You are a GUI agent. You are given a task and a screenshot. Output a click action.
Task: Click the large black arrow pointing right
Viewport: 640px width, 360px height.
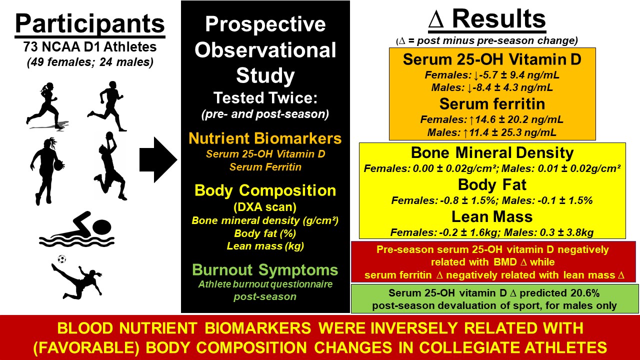point(158,159)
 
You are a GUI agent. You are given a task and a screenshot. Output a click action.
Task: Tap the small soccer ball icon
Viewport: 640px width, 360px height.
point(61,259)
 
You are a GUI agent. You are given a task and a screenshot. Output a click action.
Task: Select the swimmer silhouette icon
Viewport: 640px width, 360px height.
point(76,229)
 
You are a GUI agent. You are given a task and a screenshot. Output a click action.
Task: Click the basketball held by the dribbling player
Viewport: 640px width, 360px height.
point(58,165)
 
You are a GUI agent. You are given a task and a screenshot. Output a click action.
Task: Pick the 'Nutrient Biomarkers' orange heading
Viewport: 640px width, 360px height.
point(265,138)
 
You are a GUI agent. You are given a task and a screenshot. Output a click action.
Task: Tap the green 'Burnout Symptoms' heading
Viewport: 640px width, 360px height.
point(265,269)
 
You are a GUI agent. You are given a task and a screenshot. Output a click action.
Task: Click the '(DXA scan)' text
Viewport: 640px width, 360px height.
point(265,207)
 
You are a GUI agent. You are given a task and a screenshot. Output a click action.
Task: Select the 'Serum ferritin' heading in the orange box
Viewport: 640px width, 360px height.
point(492,103)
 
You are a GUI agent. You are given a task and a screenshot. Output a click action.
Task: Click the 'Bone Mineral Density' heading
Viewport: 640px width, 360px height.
point(492,153)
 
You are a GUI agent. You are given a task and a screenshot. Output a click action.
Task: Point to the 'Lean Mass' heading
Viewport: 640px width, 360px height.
point(492,216)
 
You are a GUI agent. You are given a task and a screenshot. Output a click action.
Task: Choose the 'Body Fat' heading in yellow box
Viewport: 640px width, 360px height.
point(492,185)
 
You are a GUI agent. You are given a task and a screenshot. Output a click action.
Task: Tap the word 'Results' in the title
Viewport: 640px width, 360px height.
point(499,19)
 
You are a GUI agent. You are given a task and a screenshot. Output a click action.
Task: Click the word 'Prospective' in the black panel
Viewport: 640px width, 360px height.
point(265,24)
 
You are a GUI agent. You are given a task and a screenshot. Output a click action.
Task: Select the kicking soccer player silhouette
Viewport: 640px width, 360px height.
point(77,280)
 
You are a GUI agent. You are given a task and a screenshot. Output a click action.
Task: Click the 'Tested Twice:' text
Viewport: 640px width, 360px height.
point(265,97)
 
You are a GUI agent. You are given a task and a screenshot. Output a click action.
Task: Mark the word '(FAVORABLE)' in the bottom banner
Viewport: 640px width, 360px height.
point(86,347)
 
